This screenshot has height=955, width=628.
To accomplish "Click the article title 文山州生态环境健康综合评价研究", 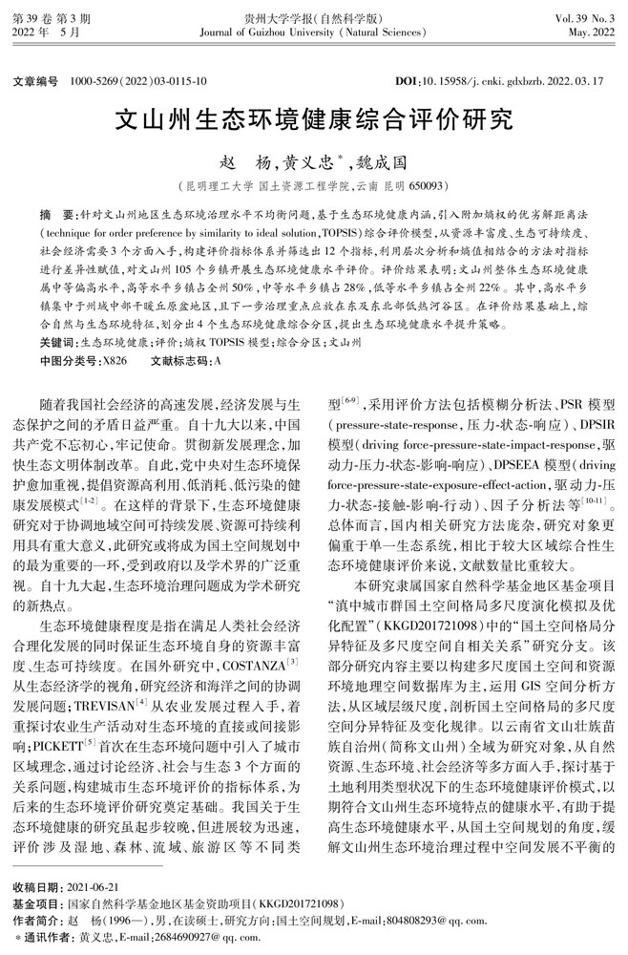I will pyautogui.click(x=313, y=119).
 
